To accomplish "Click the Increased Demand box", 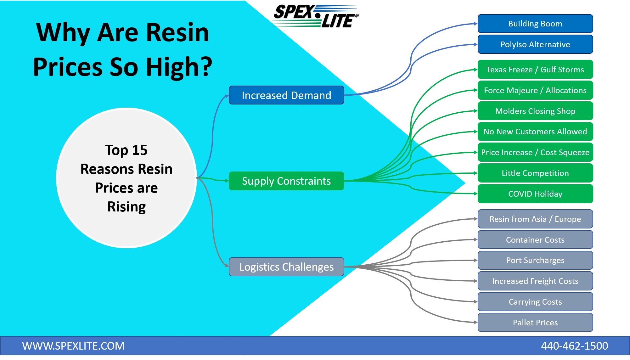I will click(286, 95).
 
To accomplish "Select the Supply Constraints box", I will click(286, 181).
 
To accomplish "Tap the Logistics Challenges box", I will click(286, 267).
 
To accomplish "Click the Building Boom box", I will click(535, 24).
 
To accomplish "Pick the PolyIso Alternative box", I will click(535, 44).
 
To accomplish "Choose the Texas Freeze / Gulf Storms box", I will click(535, 70).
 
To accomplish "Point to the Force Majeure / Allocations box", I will click(535, 90).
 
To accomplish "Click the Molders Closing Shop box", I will click(535, 111).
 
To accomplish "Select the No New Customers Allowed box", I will click(535, 132).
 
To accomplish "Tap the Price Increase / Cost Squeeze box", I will click(535, 152).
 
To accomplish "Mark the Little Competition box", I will click(535, 173).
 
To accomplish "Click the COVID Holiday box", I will click(535, 194).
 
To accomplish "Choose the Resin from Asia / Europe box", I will click(535, 219).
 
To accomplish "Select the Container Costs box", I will click(535, 240).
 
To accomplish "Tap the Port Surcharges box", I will click(535, 260).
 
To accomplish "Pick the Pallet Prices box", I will click(535, 323).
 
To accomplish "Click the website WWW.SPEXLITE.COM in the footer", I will click(73, 346).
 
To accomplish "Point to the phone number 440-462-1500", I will click(574, 346).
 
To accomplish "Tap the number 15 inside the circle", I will click(140, 150).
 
